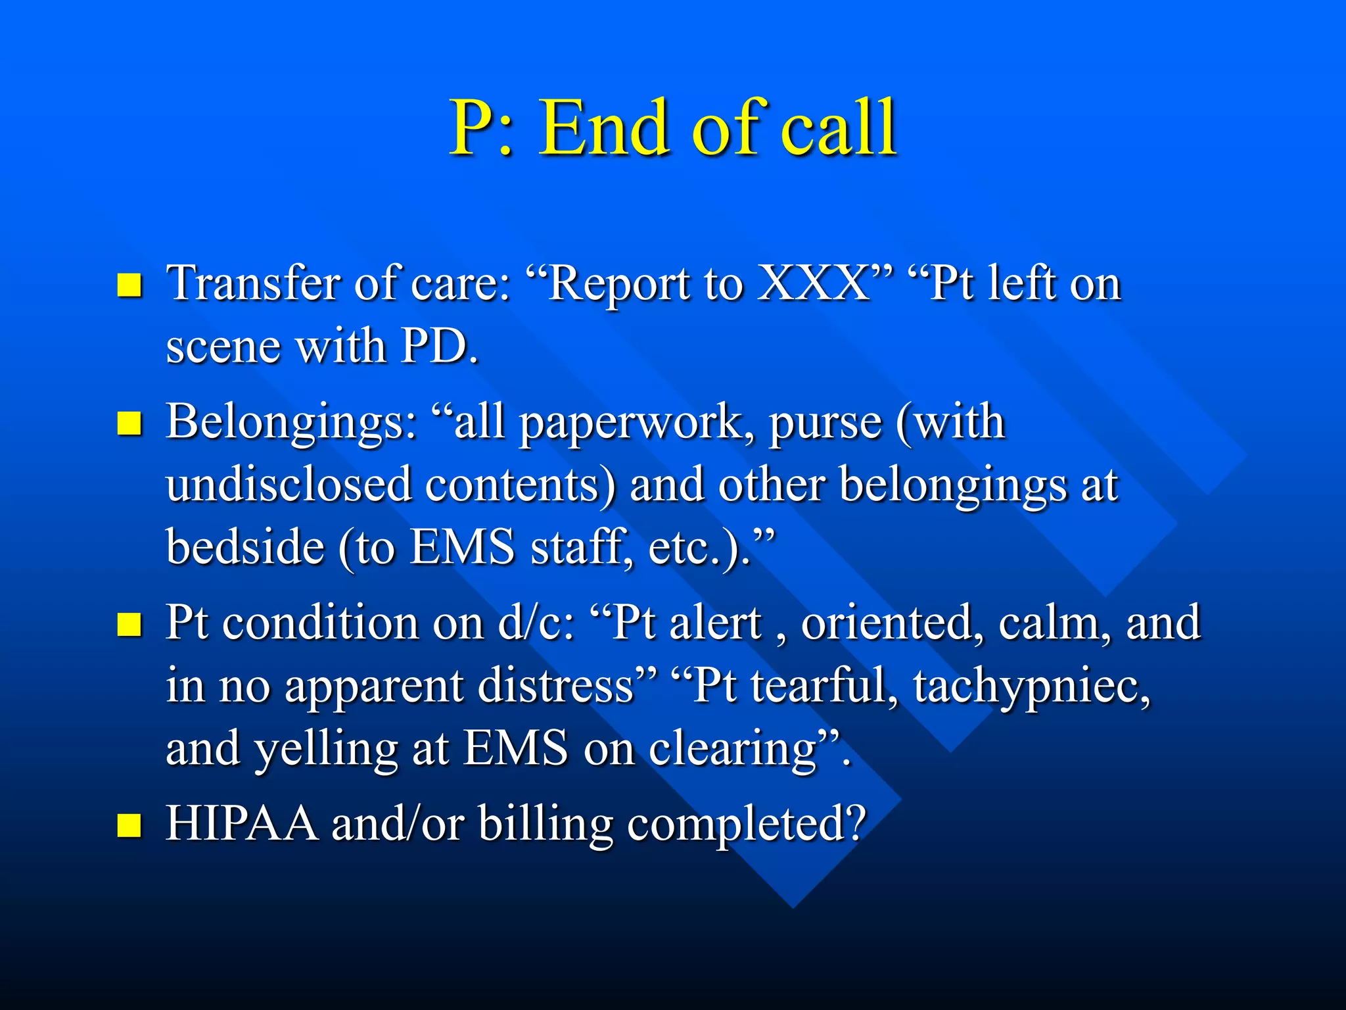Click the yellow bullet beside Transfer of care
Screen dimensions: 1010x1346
coord(129,285)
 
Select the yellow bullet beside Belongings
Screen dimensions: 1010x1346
coord(129,423)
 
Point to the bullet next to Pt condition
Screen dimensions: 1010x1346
coord(129,624)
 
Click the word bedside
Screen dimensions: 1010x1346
coord(244,548)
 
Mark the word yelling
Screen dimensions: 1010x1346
coord(326,750)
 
